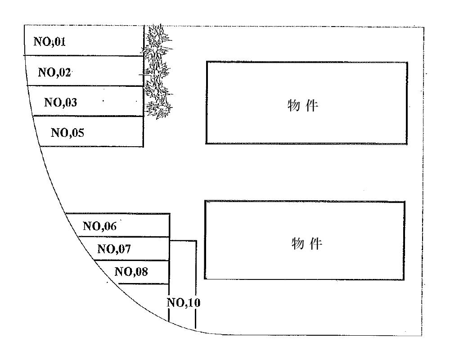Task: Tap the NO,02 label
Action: tap(55, 72)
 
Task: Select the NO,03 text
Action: tap(61, 102)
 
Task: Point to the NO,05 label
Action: tap(67, 133)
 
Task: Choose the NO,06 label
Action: tap(99, 226)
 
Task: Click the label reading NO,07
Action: tap(114, 248)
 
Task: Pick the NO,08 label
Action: tap(131, 272)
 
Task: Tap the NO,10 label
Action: tap(184, 302)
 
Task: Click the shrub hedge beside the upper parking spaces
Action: tap(156, 72)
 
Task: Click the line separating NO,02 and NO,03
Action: tap(85, 85)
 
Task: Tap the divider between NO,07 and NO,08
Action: tap(133, 260)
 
